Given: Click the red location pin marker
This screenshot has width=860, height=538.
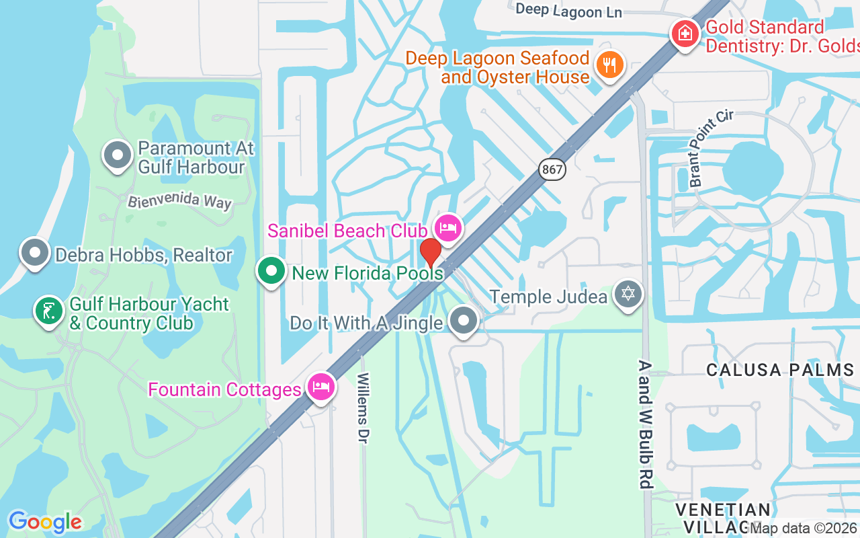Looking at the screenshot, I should coord(431,253).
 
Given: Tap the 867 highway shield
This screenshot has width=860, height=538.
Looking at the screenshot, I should coord(552,169).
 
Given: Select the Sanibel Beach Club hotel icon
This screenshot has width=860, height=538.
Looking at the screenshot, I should coord(447,227).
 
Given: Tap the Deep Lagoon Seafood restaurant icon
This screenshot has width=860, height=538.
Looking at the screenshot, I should coord(610,65).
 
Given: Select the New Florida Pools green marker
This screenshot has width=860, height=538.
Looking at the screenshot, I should coord(271,272).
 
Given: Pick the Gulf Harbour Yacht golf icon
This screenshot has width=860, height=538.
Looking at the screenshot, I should coord(48,311).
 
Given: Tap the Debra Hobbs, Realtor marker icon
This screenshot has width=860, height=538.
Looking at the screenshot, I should coord(36,254).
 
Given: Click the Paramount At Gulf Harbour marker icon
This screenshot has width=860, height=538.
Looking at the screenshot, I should coord(118,155).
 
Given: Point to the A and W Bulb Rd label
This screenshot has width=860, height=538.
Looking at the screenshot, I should coord(646,424).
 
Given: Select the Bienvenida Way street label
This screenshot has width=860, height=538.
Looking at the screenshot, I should coord(179,200).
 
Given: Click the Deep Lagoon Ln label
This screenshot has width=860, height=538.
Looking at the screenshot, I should coord(568,10).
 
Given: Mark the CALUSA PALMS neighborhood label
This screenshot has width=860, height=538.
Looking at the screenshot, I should coord(780,370).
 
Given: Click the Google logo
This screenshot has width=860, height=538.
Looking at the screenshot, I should coord(45,521).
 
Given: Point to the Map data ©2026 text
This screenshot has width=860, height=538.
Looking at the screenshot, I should coord(804,529).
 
